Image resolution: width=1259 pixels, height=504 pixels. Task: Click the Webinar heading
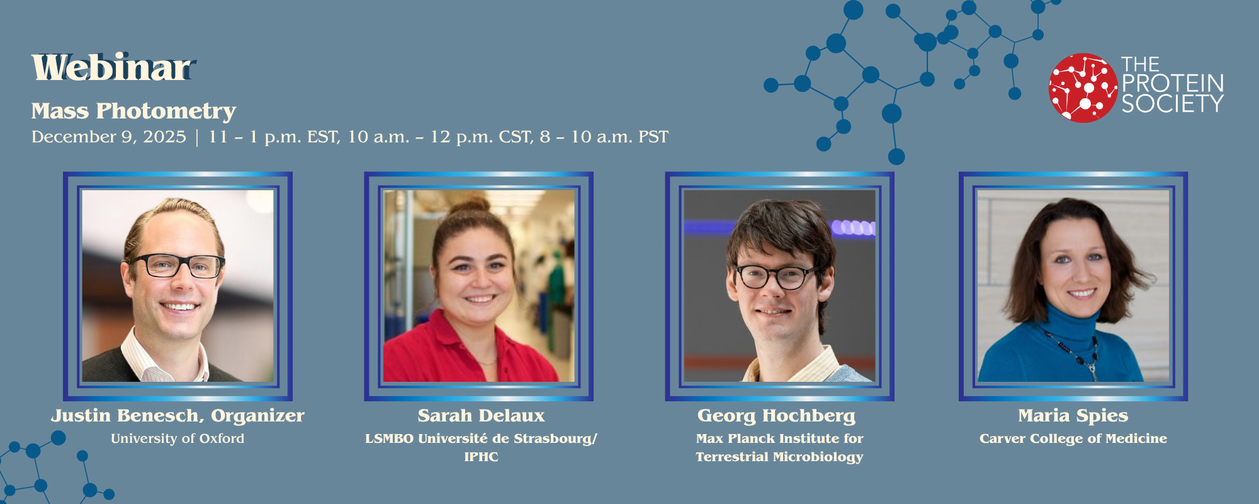point(112,68)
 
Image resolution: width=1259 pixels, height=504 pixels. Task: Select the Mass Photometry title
point(133,111)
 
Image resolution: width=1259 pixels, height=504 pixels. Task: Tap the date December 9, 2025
point(109,137)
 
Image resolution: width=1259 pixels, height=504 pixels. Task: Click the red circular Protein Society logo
point(1083,88)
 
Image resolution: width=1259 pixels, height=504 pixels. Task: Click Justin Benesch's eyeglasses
point(176,265)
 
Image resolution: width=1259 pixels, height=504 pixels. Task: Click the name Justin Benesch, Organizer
point(178,416)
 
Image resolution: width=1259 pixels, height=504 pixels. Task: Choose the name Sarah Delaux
point(481,416)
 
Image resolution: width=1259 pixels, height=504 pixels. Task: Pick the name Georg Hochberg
point(776,416)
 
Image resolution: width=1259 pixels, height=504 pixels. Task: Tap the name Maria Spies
point(1073,416)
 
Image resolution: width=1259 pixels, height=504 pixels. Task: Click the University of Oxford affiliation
point(178,438)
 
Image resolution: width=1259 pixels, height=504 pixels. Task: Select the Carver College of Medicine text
point(1073,438)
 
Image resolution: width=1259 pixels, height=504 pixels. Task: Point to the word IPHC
point(481,457)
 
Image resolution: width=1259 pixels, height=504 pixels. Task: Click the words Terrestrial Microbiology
point(779,457)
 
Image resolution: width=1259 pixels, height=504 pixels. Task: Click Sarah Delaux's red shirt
point(441,353)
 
